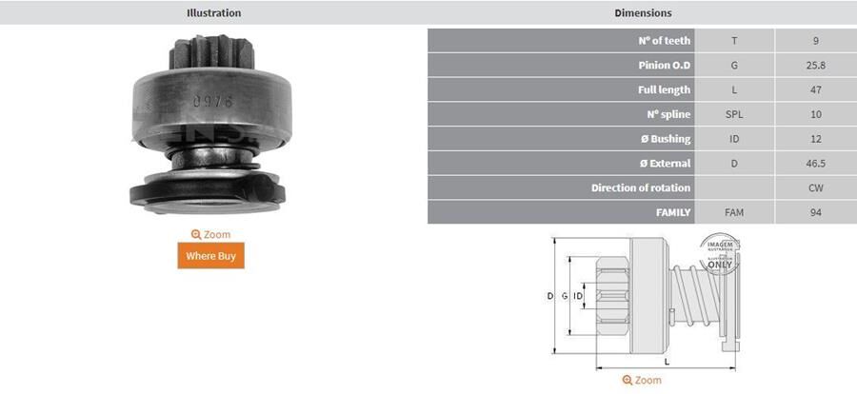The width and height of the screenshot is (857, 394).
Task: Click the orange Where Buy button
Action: coord(210,256)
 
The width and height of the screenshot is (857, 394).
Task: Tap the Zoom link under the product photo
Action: coord(210,234)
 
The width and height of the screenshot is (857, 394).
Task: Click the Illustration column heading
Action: coord(213,13)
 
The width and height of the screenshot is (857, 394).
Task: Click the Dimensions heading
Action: coord(643,13)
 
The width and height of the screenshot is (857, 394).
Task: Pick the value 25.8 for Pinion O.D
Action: coord(816,66)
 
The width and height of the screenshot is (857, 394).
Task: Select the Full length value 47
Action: coord(816,90)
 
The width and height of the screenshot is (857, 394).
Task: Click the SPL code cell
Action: coord(733,114)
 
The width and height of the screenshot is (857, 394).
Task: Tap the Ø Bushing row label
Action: coord(664,139)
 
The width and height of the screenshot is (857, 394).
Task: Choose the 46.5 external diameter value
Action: coord(816,164)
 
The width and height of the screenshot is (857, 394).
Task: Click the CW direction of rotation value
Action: coord(816,188)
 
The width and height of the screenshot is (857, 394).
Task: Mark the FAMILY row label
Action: coord(672,213)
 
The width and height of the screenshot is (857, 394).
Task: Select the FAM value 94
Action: coord(816,213)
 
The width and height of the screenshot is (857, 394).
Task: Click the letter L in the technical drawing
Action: coord(667,362)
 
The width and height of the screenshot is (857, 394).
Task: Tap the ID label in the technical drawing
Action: coord(578,297)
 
